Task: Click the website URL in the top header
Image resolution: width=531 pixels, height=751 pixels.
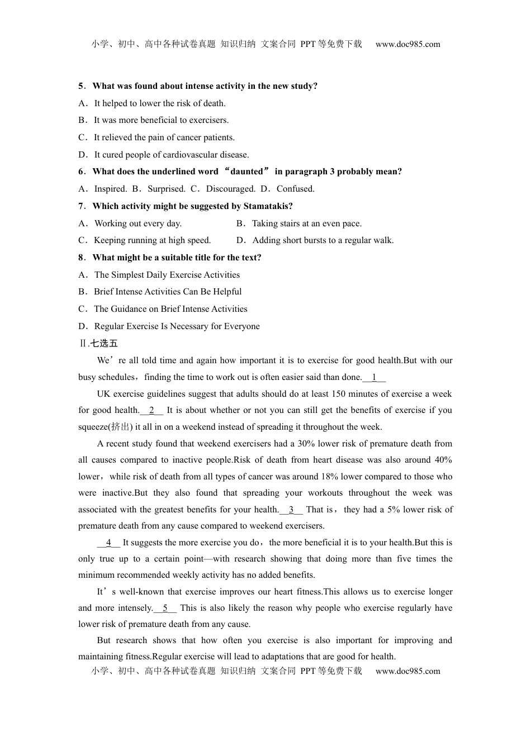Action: tap(407, 44)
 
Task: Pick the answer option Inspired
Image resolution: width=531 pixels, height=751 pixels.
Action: tap(110, 189)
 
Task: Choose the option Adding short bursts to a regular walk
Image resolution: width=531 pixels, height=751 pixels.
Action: tap(323, 240)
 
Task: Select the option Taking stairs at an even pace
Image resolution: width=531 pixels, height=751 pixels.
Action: tap(306, 224)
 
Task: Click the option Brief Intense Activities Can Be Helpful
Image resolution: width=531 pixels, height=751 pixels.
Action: tap(168, 292)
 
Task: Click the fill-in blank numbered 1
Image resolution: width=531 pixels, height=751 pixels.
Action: tap(374, 377)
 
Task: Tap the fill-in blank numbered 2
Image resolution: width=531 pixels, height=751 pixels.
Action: tap(151, 410)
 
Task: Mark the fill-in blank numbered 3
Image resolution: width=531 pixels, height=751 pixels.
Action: tap(291, 510)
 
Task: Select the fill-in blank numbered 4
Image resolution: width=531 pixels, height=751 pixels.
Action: tap(108, 543)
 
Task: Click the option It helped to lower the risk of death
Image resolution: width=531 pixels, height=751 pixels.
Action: tap(160, 103)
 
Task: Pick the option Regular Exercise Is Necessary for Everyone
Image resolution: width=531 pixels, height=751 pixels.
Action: tap(177, 326)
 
